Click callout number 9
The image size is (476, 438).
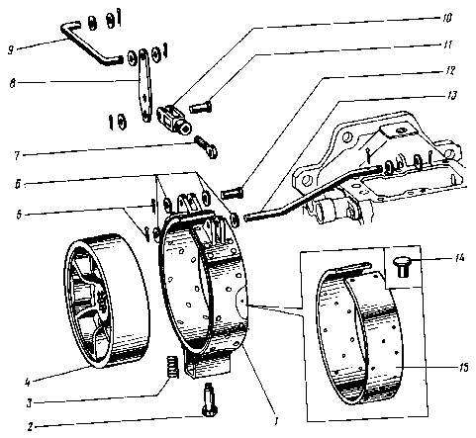11,50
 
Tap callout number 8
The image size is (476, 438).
13,83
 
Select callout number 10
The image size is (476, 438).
446,18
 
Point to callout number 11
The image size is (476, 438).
446,44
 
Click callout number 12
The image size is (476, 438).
449,70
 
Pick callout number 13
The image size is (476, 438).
451,96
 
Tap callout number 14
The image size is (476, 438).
458,257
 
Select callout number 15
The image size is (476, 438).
463,367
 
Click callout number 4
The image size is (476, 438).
28,382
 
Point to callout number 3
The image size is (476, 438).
30,403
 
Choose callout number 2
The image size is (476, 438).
30,427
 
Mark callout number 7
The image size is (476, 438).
17,155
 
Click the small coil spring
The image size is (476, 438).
171,367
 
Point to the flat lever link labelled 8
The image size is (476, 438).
144,85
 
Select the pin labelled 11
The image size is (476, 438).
201,108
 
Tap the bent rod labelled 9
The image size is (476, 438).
90,44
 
